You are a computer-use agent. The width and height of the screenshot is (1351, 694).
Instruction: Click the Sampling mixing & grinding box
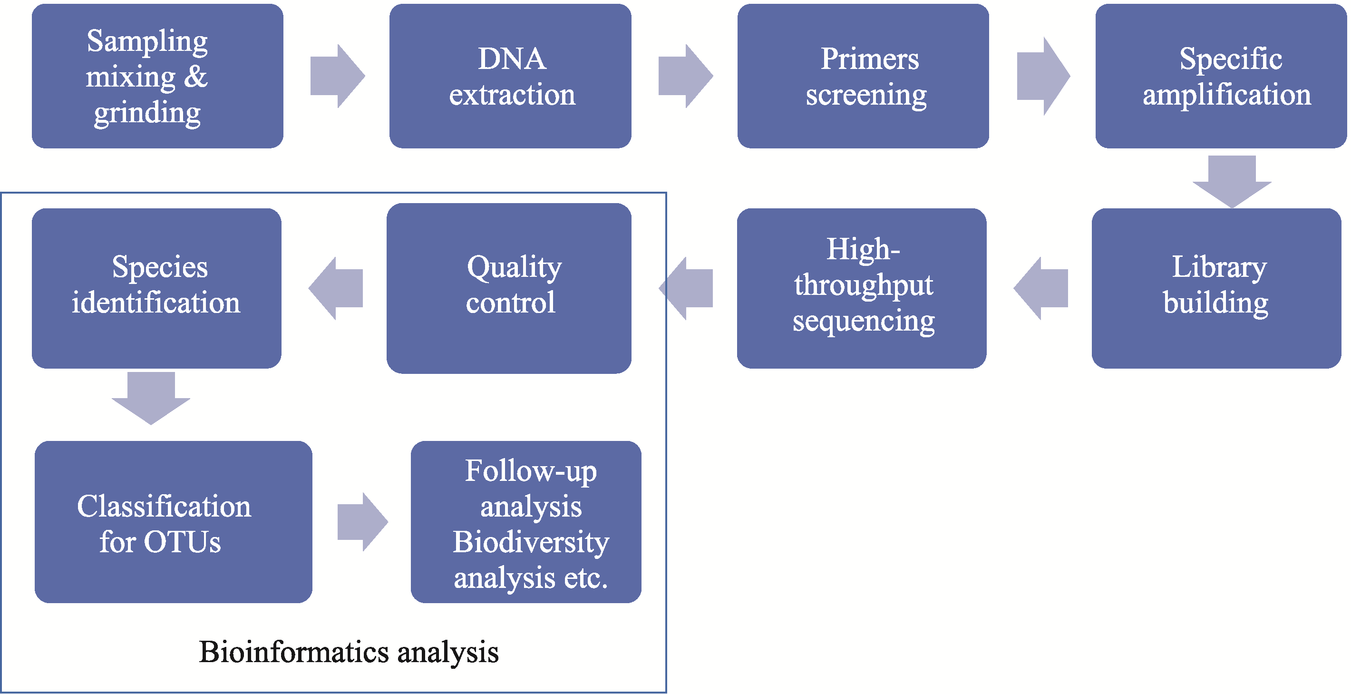(x=157, y=76)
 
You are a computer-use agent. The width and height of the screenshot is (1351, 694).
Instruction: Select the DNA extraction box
(x=510, y=76)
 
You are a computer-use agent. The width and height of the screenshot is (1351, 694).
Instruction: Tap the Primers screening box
(x=863, y=76)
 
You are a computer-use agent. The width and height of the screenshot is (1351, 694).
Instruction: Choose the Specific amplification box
(x=1221, y=76)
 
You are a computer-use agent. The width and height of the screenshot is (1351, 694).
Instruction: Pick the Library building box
(x=1216, y=289)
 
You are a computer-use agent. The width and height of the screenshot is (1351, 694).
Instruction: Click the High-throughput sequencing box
(x=862, y=289)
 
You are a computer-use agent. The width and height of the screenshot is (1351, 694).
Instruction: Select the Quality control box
(x=509, y=289)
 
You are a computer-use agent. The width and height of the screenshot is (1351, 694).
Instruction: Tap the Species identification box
(x=156, y=289)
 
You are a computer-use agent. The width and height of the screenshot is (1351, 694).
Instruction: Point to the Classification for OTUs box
(x=173, y=522)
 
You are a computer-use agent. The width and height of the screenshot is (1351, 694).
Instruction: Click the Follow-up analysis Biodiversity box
(x=526, y=522)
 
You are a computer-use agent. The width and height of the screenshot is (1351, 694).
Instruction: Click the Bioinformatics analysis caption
(x=349, y=653)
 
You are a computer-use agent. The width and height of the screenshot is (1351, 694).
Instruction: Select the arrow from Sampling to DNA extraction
(x=337, y=76)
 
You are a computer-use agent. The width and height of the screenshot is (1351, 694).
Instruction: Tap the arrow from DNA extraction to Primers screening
(x=685, y=76)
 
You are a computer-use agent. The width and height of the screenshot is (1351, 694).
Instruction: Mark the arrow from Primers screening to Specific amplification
(x=1043, y=76)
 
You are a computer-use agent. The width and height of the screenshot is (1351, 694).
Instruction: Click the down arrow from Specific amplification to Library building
(x=1232, y=182)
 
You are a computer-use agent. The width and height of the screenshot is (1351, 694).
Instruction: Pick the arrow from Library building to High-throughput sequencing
(x=1041, y=289)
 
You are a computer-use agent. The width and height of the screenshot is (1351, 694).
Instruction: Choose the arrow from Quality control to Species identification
(x=336, y=289)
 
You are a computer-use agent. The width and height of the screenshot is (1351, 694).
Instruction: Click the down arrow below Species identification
(x=151, y=398)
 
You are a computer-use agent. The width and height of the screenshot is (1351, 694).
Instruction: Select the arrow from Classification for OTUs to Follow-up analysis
(x=363, y=522)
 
